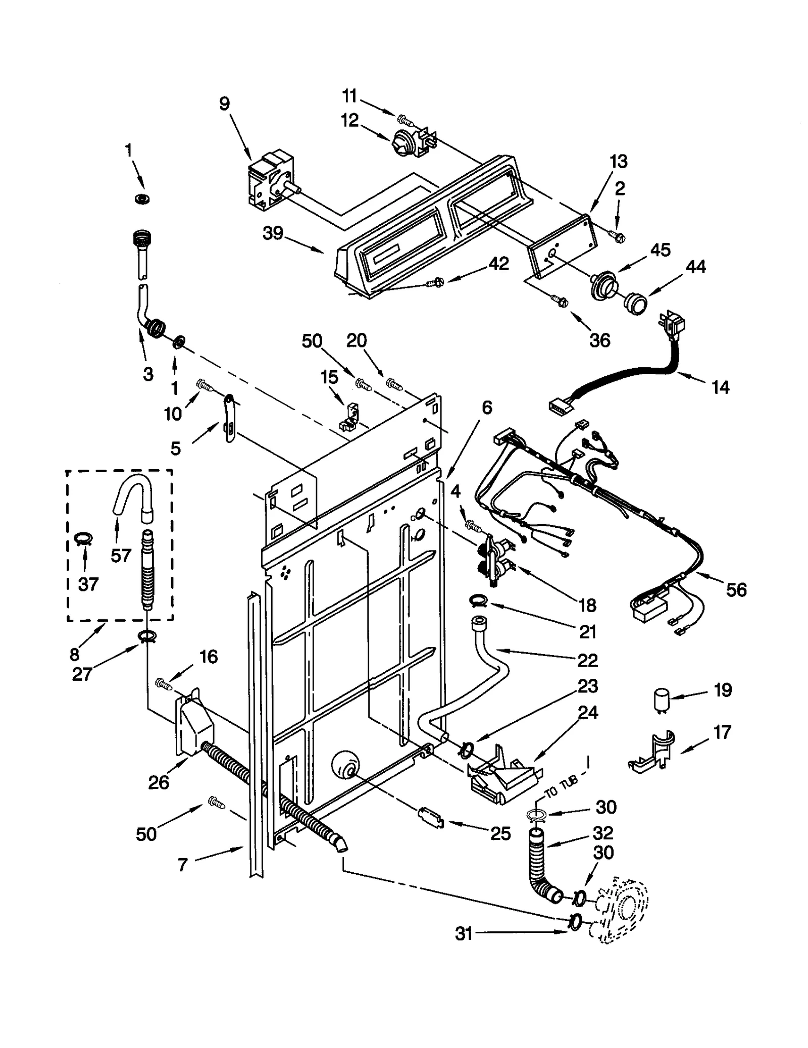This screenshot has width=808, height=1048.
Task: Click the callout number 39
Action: click(x=273, y=234)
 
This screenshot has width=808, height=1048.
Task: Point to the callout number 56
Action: click(x=736, y=589)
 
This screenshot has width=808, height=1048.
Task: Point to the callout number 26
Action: click(x=158, y=782)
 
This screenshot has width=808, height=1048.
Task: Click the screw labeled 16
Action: click(x=164, y=683)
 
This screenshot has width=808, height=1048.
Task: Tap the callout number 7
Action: click(x=183, y=865)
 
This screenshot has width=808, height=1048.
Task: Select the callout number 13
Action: click(x=618, y=162)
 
